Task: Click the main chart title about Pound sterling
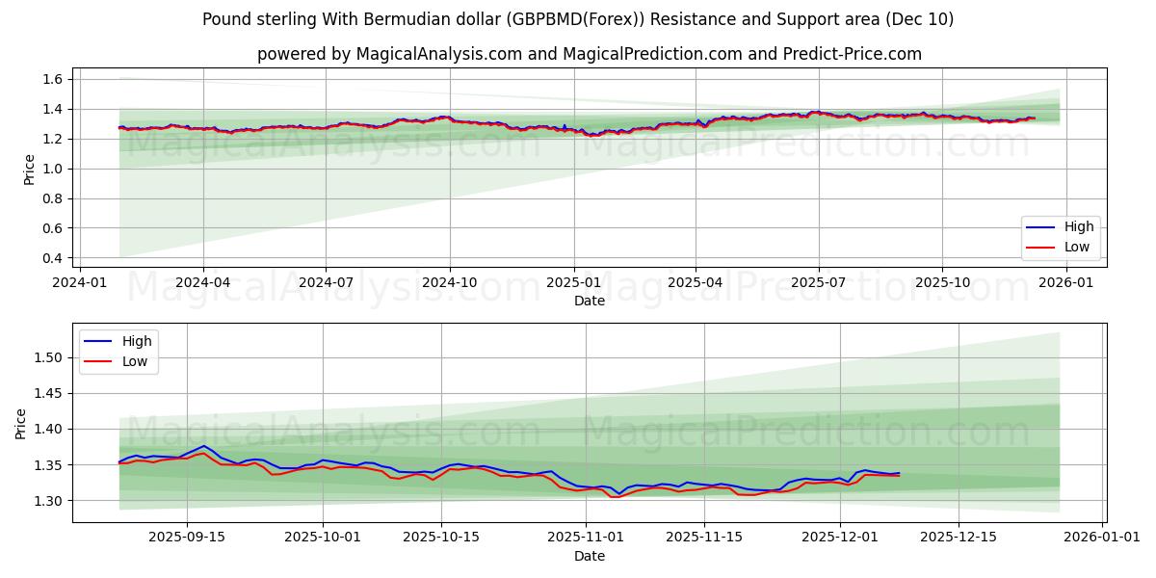[578, 19]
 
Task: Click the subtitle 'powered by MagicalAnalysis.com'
[589, 54]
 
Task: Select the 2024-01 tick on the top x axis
[79, 282]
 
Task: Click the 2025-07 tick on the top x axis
[818, 282]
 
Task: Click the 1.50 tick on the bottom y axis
[48, 357]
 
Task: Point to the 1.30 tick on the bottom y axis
[48, 501]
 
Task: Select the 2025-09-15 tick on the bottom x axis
[186, 538]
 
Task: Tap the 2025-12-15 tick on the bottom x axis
[958, 538]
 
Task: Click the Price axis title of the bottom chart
[21, 423]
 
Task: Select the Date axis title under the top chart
[589, 301]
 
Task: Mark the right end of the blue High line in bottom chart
[899, 473]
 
